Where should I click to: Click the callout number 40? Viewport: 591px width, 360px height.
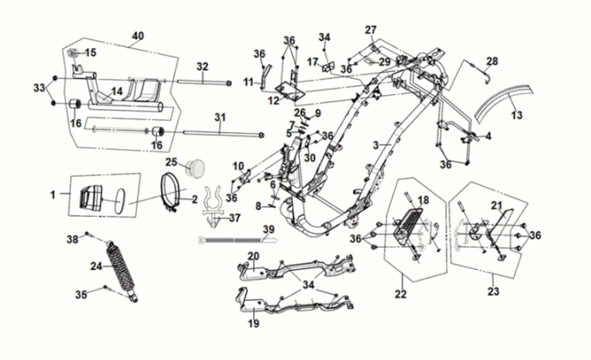pos(137,36)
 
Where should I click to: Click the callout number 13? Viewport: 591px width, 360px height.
pos(516,115)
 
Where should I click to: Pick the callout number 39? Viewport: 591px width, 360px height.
pos(268,229)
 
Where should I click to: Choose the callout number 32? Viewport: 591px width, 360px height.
pos(202,66)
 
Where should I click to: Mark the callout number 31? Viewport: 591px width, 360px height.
pos(219,117)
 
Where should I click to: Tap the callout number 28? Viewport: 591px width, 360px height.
pos(492,61)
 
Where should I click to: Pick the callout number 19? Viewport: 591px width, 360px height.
pos(253,324)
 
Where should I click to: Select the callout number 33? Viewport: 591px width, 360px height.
pos(38,88)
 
